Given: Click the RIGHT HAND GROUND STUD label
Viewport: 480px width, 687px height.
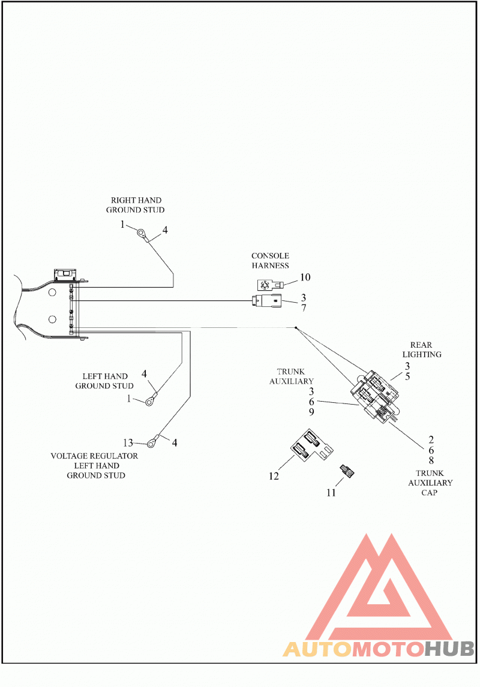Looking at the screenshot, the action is point(136,205).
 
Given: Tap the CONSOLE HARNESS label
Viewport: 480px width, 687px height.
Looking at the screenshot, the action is point(270,260).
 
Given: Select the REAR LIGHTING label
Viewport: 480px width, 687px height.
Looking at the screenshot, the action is point(422,349).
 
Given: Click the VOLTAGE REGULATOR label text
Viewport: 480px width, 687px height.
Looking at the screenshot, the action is point(94,456).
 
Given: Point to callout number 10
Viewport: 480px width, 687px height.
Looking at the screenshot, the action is point(305,277).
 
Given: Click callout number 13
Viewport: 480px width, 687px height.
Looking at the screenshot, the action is point(128,442).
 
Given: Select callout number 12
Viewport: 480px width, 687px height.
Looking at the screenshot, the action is point(274,476).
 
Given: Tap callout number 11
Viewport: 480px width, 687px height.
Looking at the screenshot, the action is point(331,492).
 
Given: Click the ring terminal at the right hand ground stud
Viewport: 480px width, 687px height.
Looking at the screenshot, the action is point(142,233).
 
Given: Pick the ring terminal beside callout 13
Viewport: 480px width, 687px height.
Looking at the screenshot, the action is point(152,444).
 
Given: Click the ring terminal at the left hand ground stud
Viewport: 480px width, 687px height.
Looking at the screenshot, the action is point(151,400).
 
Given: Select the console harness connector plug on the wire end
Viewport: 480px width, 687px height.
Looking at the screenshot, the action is point(266,301).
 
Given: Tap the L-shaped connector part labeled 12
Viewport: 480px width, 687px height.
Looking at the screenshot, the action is point(311,445).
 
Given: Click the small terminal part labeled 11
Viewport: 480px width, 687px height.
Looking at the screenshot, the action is point(347,471).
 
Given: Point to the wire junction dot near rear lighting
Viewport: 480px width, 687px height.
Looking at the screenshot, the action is point(296,328).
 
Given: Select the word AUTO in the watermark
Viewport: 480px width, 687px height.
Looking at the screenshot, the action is point(317,649).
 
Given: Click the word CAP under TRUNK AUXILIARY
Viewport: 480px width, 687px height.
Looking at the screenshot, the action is point(429,492).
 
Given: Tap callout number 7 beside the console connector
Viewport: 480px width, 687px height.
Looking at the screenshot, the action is point(304,308).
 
